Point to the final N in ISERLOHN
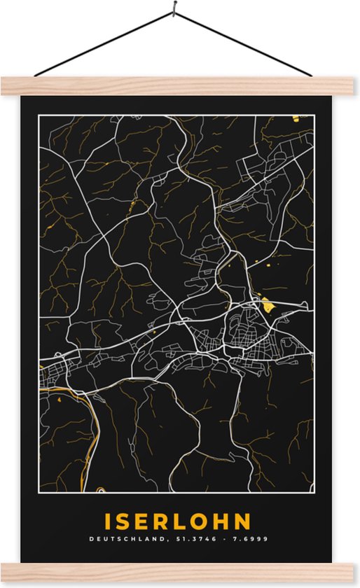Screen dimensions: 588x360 pos(242,521)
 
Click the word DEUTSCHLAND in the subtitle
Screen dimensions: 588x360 pos(125,540)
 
